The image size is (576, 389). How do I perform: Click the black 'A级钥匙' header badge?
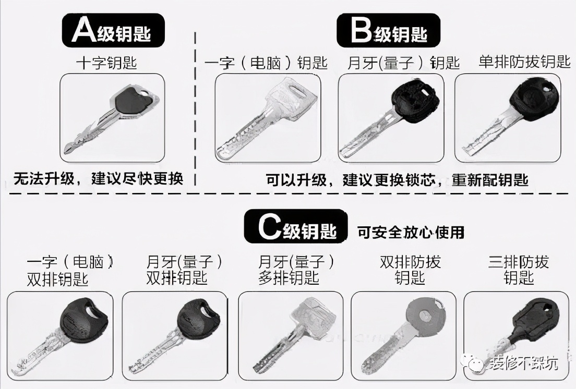[x=113, y=31]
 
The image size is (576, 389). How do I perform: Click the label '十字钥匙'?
[x=106, y=63]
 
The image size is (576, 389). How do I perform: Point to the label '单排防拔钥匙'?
[x=524, y=62]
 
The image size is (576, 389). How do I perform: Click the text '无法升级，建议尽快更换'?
[x=98, y=179]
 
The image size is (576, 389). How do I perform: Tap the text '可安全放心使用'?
[x=411, y=232]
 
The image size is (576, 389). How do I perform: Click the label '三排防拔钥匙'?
[x=519, y=270]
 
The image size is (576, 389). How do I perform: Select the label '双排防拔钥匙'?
[x=410, y=270]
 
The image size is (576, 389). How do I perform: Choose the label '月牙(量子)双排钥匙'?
[x=177, y=270]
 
